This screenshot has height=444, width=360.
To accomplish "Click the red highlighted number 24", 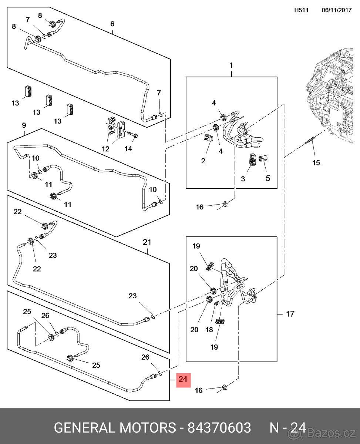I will [x=183, y=380].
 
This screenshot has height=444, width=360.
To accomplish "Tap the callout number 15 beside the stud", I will [x=316, y=162].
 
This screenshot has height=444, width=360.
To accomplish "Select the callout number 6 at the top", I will [x=112, y=24].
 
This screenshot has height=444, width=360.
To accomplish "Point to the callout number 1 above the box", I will [x=231, y=65].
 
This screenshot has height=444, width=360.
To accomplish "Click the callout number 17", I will [x=290, y=314].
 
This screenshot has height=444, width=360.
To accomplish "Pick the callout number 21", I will [x=147, y=242].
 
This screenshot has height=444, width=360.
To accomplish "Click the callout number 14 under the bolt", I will [x=128, y=149].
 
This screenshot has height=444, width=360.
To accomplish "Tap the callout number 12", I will [x=106, y=149].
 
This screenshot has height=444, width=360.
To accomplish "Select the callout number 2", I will [x=203, y=161].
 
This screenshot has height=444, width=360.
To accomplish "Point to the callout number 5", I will [x=268, y=178].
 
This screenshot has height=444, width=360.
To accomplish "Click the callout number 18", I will [x=209, y=330].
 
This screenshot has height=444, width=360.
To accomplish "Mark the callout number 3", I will [x=243, y=179].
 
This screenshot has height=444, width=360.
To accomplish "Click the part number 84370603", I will [x=219, y=428].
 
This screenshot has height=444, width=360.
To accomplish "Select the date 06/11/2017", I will [x=336, y=10].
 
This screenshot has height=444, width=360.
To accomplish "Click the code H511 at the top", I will [x=301, y=10].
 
